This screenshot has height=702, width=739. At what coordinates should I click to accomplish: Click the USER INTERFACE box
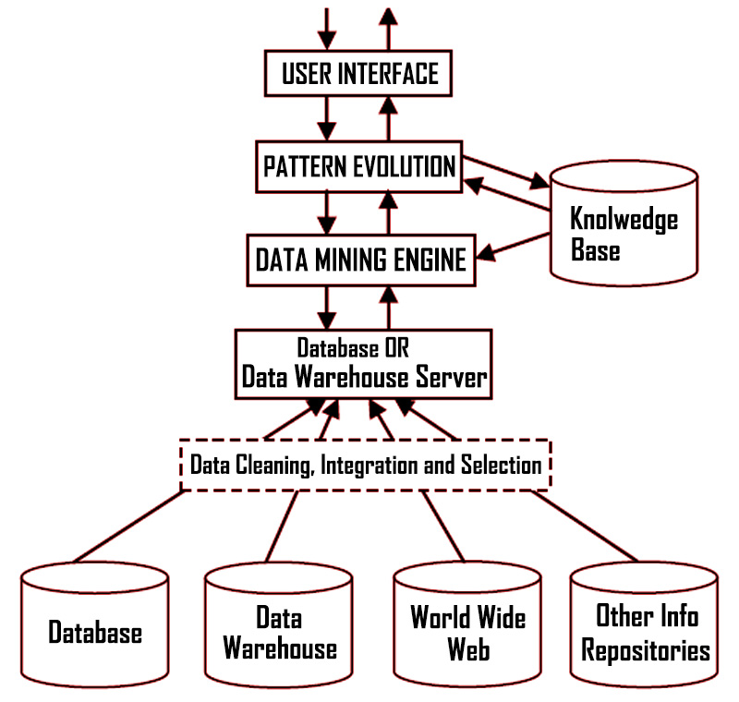click(x=358, y=73)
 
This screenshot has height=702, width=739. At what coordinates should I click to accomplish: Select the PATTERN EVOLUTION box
click(x=358, y=167)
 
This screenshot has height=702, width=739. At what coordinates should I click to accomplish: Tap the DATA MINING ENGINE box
click(x=360, y=260)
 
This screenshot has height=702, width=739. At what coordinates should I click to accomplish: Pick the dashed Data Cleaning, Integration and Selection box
click(x=365, y=464)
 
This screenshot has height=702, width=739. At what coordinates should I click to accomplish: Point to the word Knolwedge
click(x=624, y=220)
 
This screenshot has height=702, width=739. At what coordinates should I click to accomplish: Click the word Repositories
click(x=646, y=649)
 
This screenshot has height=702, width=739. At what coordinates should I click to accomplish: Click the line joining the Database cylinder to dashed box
click(x=129, y=526)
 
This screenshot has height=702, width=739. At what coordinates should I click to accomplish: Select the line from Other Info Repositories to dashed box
click(x=584, y=526)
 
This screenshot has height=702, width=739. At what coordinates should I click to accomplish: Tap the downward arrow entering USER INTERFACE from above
click(x=325, y=28)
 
